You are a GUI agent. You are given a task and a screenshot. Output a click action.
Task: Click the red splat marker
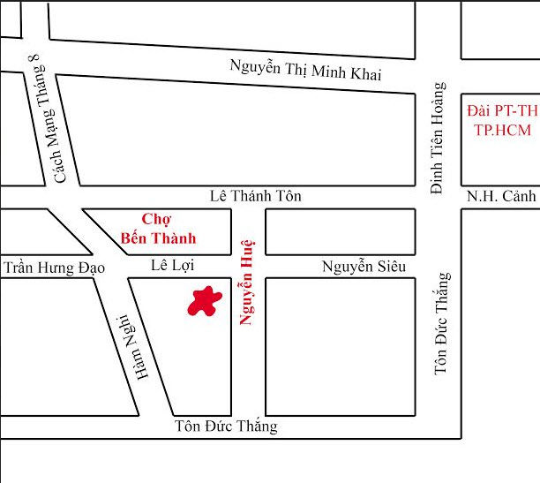tap(205, 302)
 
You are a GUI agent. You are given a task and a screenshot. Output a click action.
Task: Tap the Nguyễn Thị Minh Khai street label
tap(305, 69)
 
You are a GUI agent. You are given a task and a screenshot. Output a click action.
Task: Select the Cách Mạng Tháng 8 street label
tap(49, 119)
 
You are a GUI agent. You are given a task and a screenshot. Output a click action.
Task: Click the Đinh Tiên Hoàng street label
tap(437, 138)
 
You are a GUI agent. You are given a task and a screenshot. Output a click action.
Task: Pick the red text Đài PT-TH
tap(502, 111)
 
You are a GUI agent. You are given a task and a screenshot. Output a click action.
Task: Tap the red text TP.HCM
tap(502, 129)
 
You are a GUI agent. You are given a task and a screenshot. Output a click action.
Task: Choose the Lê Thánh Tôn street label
tap(254, 196)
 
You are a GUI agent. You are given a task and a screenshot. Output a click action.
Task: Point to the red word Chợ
tap(155, 219)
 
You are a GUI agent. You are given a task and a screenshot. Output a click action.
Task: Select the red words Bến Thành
tap(158, 238)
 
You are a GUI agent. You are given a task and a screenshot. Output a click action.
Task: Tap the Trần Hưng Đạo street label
tap(54, 267)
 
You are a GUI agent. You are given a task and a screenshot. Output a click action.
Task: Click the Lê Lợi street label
tap(172, 265)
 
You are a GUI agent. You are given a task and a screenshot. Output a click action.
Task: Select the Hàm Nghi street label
tap(131, 348)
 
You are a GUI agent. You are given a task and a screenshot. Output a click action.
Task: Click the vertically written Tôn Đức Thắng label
tap(443, 323)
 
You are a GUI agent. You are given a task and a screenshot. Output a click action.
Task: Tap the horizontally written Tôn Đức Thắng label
tap(226, 426)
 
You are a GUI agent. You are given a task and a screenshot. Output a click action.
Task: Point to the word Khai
tap(366, 74)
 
